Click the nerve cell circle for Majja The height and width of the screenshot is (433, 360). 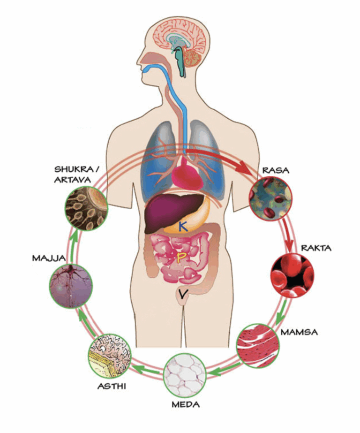71,286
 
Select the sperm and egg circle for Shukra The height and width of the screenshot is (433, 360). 86,208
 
